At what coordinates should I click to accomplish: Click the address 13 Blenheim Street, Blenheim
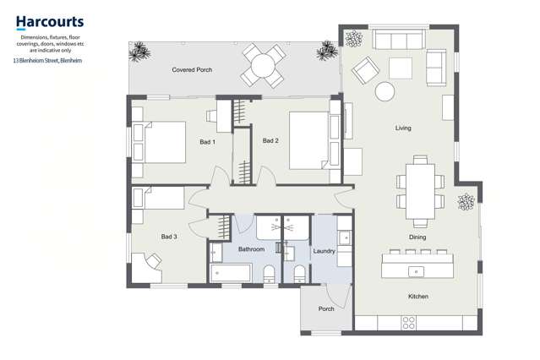click(48, 60)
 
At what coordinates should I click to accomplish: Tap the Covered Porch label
click(192, 69)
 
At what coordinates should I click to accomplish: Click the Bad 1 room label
click(207, 141)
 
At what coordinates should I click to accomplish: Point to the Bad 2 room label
click(270, 140)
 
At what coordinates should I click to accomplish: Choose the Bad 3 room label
click(169, 237)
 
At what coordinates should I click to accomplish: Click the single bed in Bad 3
click(158, 199)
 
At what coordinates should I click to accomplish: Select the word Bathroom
click(251, 250)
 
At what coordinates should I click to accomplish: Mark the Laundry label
click(325, 251)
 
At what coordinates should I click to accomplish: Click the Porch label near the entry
click(326, 309)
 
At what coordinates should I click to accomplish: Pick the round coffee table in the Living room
click(385, 91)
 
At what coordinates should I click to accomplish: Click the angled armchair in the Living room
click(365, 70)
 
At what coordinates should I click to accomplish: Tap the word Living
click(403, 128)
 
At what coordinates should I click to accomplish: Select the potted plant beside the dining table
click(465, 202)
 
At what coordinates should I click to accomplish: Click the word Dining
click(417, 237)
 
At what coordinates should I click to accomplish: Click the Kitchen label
click(418, 297)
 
